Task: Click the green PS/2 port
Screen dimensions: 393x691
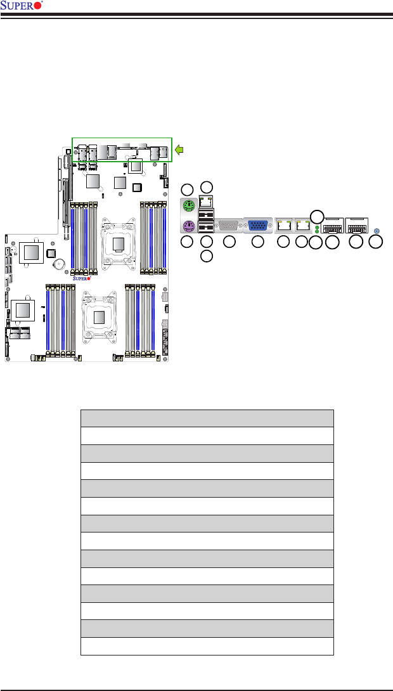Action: point(188,205)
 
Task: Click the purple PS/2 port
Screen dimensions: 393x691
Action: point(188,227)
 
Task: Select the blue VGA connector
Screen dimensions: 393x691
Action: point(258,225)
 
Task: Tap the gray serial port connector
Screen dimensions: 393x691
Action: point(229,225)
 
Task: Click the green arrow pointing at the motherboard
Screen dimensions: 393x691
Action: point(179,150)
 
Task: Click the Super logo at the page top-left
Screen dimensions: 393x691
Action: point(22,6)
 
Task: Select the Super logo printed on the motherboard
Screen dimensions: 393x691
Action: point(82,278)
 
